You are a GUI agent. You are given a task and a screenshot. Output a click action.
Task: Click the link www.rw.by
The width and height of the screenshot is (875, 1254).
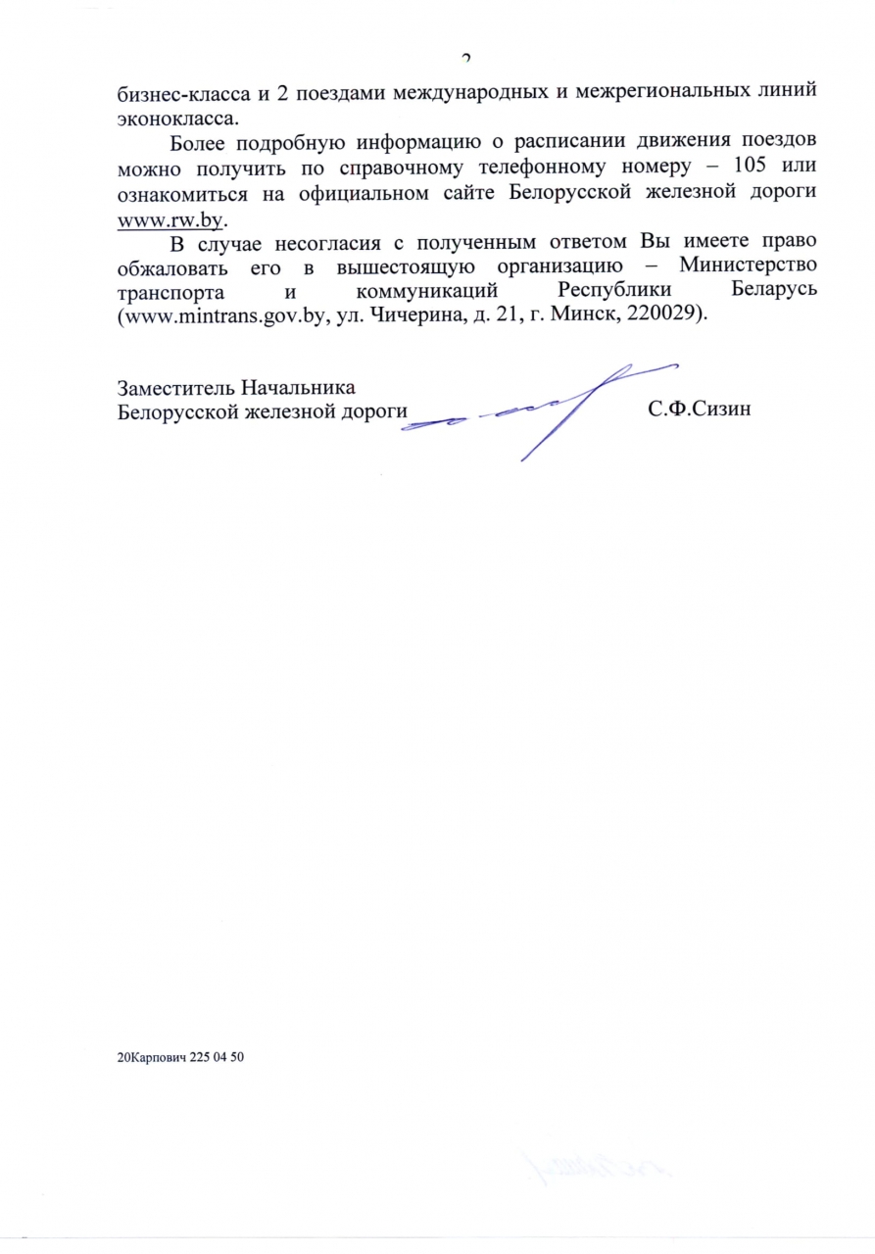click(170, 218)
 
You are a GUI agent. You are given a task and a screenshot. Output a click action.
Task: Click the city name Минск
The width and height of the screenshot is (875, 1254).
click(573, 316)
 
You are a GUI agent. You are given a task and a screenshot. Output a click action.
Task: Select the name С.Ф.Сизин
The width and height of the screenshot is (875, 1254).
click(700, 410)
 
